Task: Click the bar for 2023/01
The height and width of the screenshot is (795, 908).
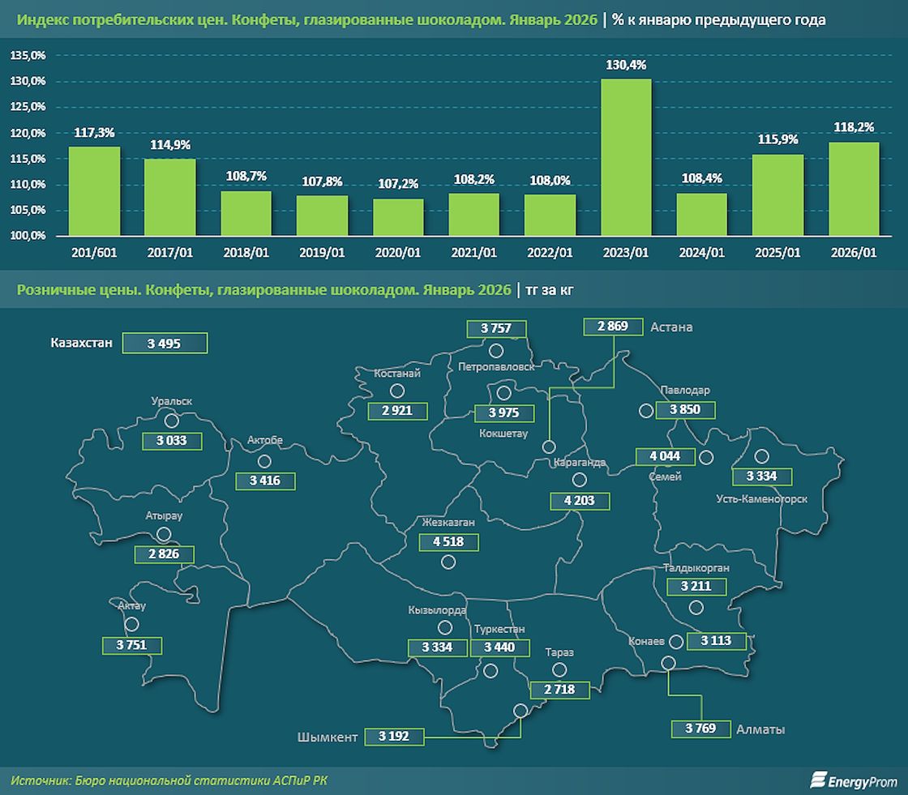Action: point(626,157)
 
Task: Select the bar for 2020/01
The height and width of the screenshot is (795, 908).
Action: point(398,217)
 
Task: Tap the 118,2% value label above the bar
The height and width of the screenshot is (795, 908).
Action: point(853,128)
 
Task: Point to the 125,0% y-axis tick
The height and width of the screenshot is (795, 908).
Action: point(28,107)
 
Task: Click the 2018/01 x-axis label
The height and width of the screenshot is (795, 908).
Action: point(246,253)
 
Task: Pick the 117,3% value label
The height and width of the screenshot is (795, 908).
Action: point(94,132)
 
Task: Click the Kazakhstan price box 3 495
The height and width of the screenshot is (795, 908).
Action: point(165,343)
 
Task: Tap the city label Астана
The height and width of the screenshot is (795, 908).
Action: point(671,327)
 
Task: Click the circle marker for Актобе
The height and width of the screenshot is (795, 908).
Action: point(264,461)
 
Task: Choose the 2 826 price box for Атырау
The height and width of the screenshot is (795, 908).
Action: point(165,554)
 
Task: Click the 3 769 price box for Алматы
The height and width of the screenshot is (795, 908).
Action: point(700,728)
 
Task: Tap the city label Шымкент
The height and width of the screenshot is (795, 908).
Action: point(328,737)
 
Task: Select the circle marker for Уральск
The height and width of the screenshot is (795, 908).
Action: point(171,421)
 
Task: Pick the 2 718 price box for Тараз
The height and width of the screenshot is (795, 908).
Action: point(559,689)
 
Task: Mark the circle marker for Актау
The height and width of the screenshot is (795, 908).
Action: point(131,624)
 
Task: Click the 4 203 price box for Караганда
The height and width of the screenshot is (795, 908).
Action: point(580,501)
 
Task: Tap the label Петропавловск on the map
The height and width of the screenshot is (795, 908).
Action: point(496,366)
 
